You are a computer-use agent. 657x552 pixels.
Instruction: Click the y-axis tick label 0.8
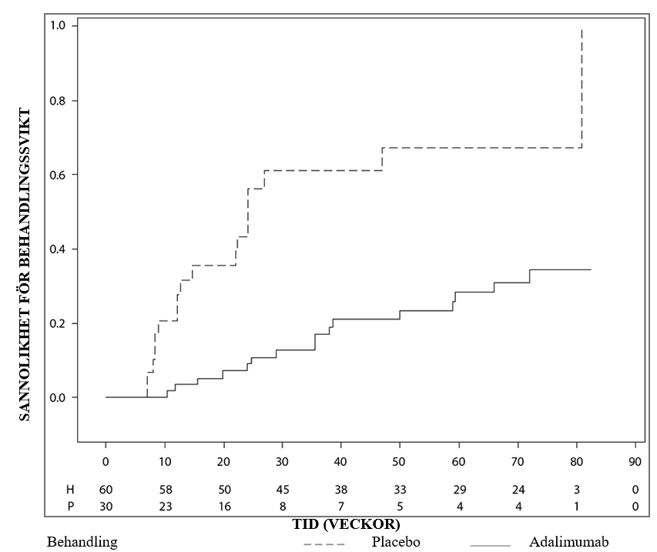58,101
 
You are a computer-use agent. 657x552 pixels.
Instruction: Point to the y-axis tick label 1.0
58,25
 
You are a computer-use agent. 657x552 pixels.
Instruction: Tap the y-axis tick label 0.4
58,249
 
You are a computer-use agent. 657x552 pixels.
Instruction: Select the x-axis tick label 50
399,461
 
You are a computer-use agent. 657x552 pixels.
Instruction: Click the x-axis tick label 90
635,461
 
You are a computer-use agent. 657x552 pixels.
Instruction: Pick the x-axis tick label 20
223,461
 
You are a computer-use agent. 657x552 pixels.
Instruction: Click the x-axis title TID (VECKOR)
346,524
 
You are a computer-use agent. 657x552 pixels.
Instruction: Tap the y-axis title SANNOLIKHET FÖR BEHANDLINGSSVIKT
25,265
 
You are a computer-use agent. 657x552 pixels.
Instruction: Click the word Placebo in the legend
396,542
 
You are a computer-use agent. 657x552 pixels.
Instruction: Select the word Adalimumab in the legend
568,542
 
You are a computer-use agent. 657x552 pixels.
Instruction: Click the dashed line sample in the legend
324,545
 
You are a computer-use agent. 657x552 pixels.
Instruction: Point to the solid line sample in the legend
490,545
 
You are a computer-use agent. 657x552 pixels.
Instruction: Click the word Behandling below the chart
82,542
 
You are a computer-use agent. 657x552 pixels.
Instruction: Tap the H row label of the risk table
70,490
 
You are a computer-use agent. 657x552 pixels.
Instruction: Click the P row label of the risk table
70,507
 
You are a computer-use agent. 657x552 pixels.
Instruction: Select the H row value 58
166,490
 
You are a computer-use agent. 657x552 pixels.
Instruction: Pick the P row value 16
225,507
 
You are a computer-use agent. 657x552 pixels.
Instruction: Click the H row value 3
577,490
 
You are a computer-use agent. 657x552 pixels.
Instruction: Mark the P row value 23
166,507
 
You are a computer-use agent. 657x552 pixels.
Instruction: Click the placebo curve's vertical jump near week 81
582,89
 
